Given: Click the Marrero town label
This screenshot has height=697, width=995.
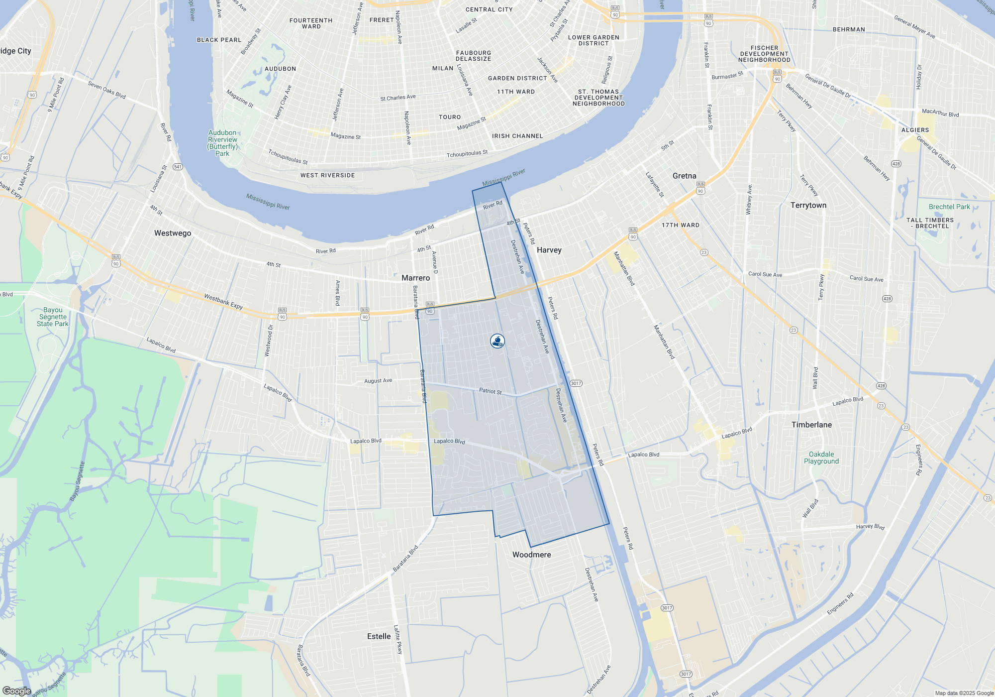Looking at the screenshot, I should [x=415, y=278].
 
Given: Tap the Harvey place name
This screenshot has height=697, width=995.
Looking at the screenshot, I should [x=549, y=250].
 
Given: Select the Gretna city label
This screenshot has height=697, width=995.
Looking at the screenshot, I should [x=684, y=176].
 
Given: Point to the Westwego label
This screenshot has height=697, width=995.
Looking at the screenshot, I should [x=172, y=233].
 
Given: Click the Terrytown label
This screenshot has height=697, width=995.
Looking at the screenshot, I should [x=808, y=205].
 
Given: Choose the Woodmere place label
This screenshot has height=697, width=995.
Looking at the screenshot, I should [x=531, y=555].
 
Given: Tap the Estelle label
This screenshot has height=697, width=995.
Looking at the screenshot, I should [x=379, y=636].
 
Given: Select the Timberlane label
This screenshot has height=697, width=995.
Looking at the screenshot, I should [x=811, y=425].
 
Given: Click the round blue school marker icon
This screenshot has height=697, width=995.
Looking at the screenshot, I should [x=497, y=341].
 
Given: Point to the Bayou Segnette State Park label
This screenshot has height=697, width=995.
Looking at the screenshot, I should [x=53, y=317].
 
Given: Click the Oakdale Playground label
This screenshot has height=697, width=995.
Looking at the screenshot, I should [x=821, y=458].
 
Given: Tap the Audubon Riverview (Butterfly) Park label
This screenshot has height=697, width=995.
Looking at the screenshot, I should [x=222, y=143].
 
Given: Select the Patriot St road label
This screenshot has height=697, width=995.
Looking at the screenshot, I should [x=490, y=391].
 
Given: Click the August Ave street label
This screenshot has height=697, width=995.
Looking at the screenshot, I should [x=378, y=381].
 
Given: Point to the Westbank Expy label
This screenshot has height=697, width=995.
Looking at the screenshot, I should [x=223, y=301].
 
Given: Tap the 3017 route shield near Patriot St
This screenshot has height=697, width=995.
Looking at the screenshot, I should [x=576, y=383].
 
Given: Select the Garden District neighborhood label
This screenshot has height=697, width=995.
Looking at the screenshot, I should [x=517, y=78].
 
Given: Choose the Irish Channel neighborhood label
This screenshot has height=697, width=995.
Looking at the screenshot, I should [x=517, y=136].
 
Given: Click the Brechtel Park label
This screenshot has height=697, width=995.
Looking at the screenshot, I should [x=949, y=207].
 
